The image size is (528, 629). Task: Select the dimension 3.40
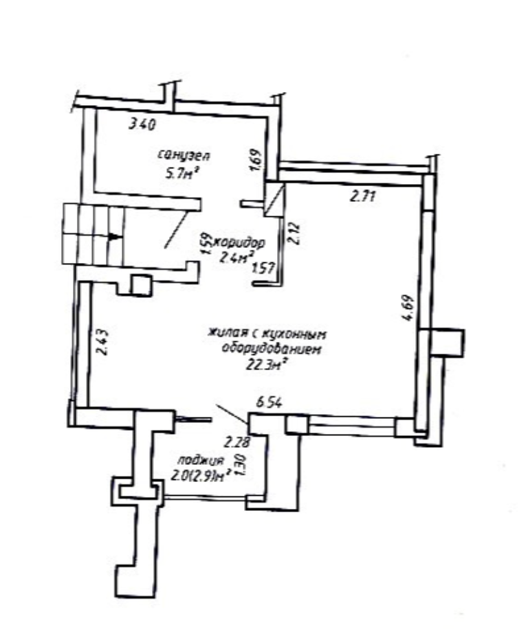click(x=142, y=124)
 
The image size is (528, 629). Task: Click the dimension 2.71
click(x=363, y=196)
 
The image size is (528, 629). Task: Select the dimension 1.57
click(x=263, y=268)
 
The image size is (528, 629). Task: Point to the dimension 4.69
click(x=408, y=308)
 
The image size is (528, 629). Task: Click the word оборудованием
click(x=272, y=349)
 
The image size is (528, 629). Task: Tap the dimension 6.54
click(x=269, y=402)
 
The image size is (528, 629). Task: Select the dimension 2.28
click(x=237, y=443)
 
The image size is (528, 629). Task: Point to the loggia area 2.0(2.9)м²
click(x=200, y=476)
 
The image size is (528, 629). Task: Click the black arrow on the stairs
click(x=114, y=237)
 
